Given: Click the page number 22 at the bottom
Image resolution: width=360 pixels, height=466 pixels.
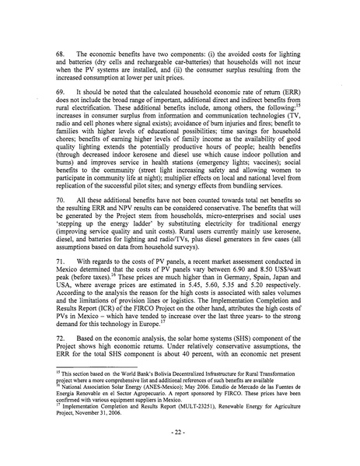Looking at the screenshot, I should (180, 429).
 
